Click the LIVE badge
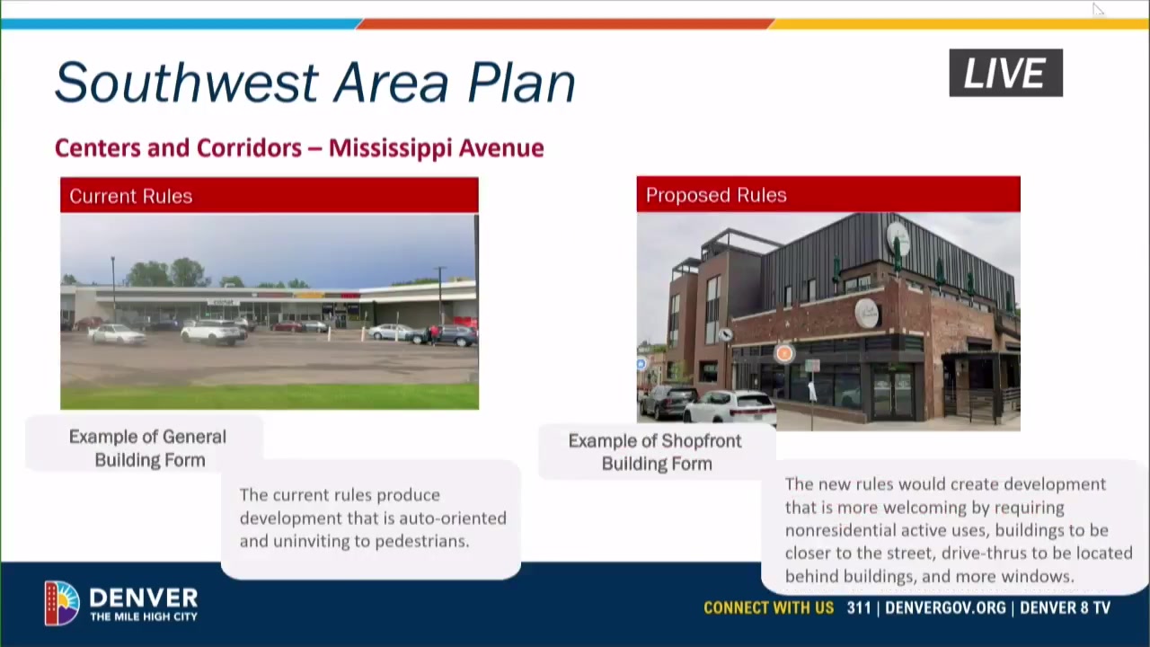tap(1005, 73)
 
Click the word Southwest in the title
tap(187, 83)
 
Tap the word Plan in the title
tap(522, 83)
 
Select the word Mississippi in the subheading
tap(390, 148)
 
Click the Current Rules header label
tap(131, 196)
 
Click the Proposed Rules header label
tap(716, 195)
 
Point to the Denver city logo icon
tap(62, 603)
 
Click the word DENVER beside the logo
tap(144, 598)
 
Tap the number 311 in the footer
tap(859, 608)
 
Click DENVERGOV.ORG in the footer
tap(945, 608)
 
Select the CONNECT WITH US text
tap(768, 608)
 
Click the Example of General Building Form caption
tap(148, 448)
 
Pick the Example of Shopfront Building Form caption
tap(656, 452)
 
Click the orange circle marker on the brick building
tap(784, 353)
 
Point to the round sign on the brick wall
tap(867, 314)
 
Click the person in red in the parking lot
tap(435, 334)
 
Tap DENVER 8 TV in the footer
tap(1065, 608)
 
